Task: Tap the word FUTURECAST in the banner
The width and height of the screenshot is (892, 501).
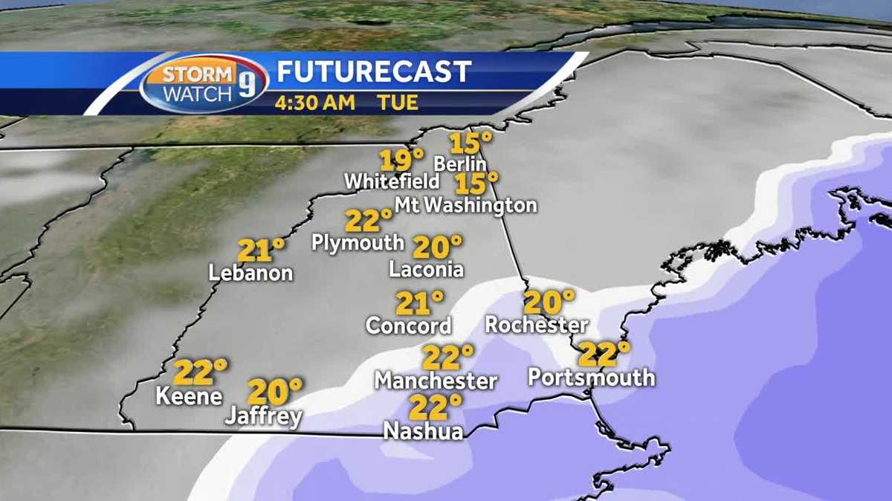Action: tap(374, 71)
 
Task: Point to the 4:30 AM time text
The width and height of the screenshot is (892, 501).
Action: tap(314, 102)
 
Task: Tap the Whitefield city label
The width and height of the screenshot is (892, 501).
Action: tap(392, 181)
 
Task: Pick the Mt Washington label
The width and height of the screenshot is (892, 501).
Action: tap(465, 204)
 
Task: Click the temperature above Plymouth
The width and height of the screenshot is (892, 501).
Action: tap(369, 221)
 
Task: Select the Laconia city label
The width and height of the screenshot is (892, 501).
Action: tap(426, 269)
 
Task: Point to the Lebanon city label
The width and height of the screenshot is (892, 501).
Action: tap(251, 273)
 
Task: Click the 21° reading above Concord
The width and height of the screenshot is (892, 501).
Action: tap(419, 303)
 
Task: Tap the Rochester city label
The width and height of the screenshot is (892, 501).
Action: tap(536, 325)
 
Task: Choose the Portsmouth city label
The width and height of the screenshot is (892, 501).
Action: tap(592, 377)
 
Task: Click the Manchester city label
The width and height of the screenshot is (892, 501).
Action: tap(436, 381)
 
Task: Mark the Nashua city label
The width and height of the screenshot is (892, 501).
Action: tap(423, 430)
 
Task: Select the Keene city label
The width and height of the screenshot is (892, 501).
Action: tap(189, 396)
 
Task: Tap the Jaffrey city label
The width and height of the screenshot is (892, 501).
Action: tap(264, 417)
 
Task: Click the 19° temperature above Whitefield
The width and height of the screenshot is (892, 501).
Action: tap(401, 159)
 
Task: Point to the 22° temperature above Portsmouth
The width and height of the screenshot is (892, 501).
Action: tap(604, 354)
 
